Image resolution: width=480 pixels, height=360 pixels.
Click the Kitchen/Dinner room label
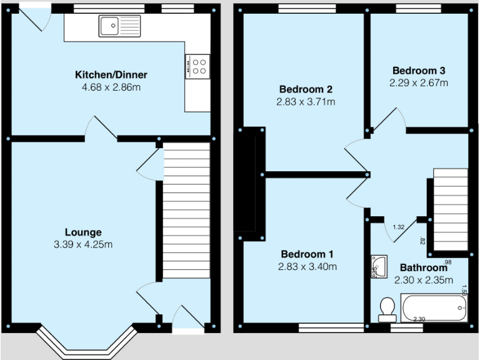[x=111, y=75]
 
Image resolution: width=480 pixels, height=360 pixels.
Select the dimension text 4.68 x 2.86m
[x=111, y=87]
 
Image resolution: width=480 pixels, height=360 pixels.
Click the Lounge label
[x=83, y=232]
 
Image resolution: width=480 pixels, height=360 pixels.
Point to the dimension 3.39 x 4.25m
[x=83, y=244]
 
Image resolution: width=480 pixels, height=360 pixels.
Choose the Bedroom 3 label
[x=418, y=71]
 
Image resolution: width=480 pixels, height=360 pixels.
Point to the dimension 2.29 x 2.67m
[x=418, y=82]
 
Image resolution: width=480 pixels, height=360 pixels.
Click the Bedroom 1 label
[x=306, y=254]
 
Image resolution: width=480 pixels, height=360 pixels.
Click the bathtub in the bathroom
[x=434, y=307]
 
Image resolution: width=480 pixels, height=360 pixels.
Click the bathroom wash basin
[x=378, y=266]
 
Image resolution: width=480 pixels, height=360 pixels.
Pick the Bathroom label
[x=423, y=268]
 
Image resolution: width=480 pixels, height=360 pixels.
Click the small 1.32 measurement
[x=398, y=227]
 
